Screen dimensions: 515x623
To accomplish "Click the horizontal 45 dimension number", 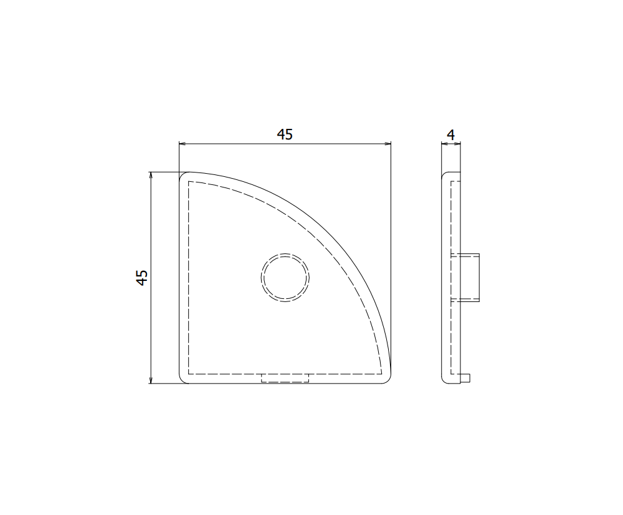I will click(285, 134).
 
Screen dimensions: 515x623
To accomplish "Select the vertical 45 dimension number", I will click(142, 278).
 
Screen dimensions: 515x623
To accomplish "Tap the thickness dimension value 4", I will click(451, 134).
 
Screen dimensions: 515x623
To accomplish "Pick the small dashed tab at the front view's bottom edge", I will click(285, 378).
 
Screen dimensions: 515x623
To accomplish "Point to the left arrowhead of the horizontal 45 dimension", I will click(182, 144).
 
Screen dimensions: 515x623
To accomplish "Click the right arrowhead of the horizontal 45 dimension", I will click(388, 144).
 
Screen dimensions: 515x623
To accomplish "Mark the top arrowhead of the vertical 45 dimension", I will click(151, 175).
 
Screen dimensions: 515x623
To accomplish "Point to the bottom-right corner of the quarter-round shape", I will click(388, 380).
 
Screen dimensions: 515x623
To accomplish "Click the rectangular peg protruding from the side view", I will click(470, 277).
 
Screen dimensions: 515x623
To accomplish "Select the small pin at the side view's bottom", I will click(466, 378).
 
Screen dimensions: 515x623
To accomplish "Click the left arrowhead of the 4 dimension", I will click(444, 144).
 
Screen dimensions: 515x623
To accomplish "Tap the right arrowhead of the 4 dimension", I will click(459, 144).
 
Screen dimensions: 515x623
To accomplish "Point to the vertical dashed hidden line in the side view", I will click(450, 218).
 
